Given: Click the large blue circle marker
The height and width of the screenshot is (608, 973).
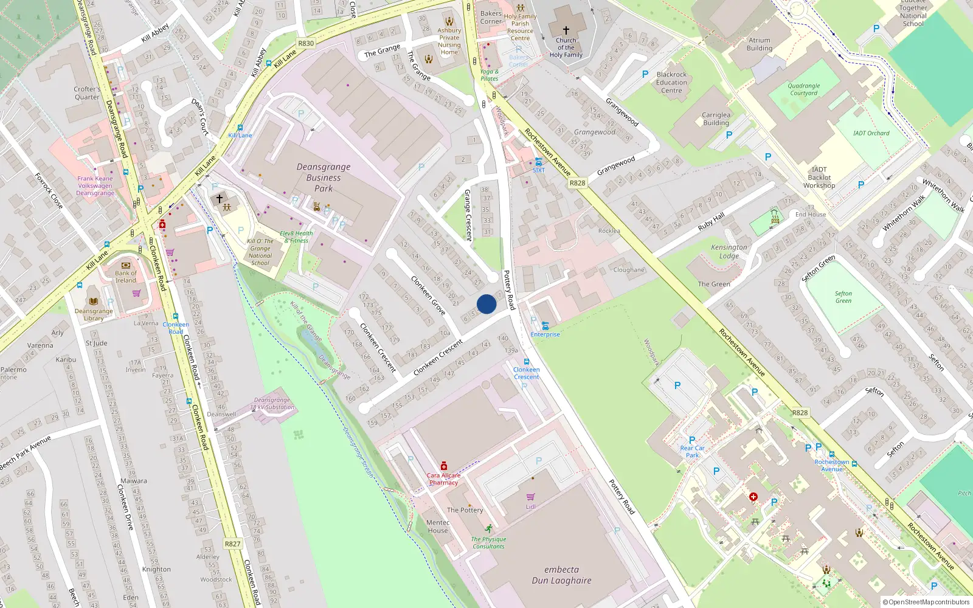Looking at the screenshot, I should point(486,304).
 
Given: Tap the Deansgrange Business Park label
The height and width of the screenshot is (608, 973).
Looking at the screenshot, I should point(324,178).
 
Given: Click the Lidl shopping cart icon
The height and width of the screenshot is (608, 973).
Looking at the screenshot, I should point(531,497).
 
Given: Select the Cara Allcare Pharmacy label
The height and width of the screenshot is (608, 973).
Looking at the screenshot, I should point(443,479).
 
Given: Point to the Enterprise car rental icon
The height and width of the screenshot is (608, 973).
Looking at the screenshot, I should point(545,326).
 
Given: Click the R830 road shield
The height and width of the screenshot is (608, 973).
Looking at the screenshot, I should point(306,43).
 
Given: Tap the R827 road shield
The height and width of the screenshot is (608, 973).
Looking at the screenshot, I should point(232,544).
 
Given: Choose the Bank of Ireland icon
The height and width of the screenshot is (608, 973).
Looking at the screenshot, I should point(126,266).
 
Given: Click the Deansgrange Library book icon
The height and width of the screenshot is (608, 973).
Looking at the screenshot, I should point(94,301).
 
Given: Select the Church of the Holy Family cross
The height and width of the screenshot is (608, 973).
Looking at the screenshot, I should point(566,30).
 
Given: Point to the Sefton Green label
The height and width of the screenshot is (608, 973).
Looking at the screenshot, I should point(843,297).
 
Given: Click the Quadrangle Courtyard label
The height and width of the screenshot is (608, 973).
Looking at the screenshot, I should point(804,89).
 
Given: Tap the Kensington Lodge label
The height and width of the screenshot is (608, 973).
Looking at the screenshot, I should point(729,251).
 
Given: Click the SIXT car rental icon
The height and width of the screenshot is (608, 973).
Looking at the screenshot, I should point(539,162).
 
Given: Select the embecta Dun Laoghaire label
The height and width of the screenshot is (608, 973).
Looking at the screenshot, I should point(561,575).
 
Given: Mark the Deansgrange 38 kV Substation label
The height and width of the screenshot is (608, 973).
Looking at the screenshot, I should point(272,404).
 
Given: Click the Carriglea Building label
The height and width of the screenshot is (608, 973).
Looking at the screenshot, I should point(716,119).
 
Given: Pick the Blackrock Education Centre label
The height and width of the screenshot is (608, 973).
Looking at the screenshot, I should point(671,83).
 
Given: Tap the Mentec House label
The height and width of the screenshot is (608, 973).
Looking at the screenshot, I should point(438,527).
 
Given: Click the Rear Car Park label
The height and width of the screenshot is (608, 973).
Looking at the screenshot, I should point(692,451).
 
